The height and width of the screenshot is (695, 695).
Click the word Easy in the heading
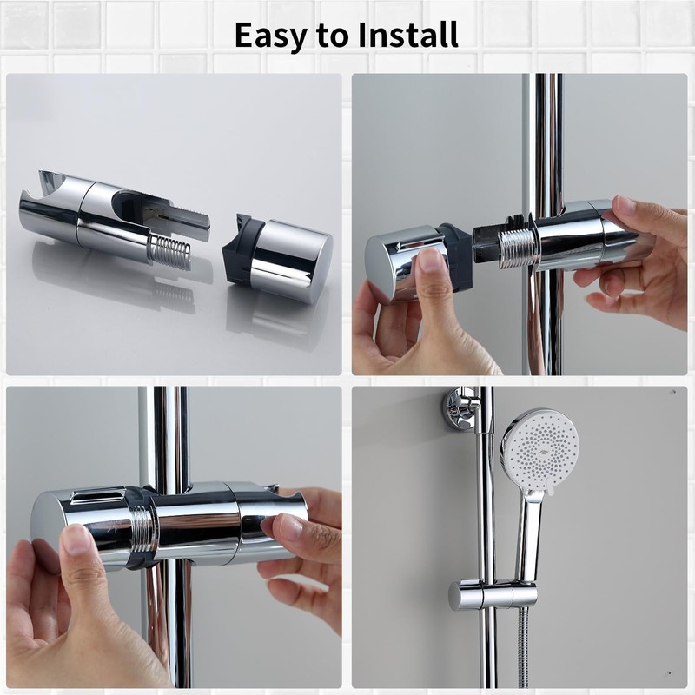pos(270,35)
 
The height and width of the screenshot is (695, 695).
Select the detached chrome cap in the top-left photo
pos(291,259)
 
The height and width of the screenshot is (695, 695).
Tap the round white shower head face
pos(539,448)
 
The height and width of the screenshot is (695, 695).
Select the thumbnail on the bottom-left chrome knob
pos(76,540)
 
